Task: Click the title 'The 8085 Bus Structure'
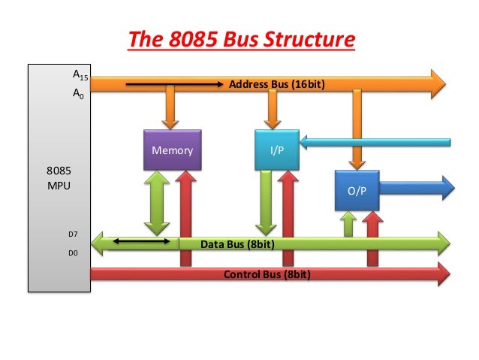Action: coord(239,38)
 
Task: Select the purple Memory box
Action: coord(172,150)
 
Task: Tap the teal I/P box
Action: coord(276,150)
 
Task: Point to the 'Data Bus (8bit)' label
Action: coord(236,244)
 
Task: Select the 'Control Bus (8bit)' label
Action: coord(267,274)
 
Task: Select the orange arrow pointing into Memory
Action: coord(171,110)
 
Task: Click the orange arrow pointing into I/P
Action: coord(273,110)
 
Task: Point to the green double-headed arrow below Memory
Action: coord(157,203)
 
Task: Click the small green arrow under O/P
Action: coord(348,224)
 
